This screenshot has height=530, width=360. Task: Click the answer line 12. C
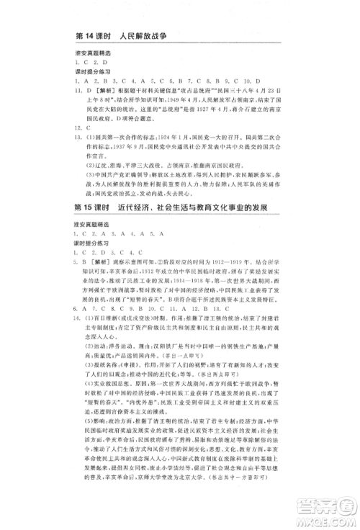click(81, 128)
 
